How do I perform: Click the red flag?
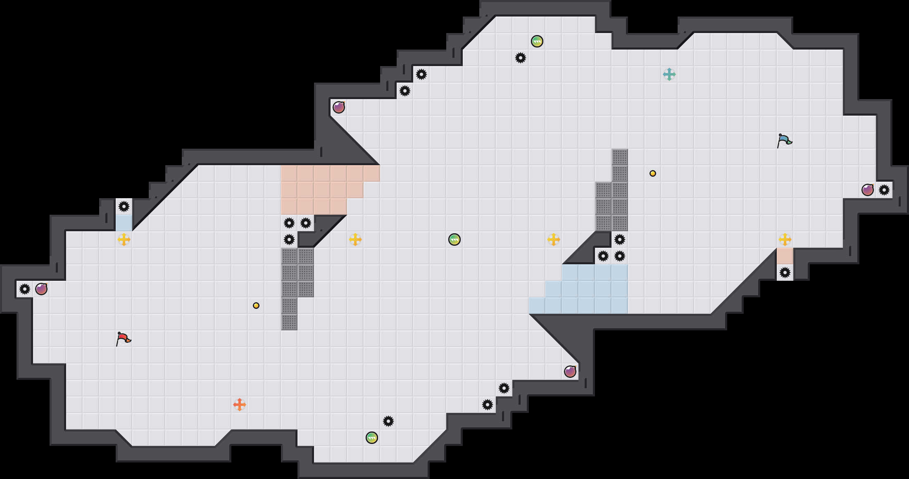pos(123,339)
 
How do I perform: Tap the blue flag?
pos(784,141)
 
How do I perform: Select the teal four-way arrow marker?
pos(669,74)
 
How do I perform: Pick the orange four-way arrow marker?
pos(240,405)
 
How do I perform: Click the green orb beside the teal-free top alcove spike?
pos(537,41)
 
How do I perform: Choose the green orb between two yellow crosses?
pos(454,239)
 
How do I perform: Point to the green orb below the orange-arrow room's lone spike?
pos(371,438)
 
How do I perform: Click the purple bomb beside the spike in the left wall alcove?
pos(41,289)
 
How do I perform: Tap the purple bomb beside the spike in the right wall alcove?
pos(867,190)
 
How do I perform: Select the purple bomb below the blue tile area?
pos(570,372)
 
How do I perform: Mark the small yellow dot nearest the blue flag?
pos(653,173)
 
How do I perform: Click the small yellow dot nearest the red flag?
pos(256,306)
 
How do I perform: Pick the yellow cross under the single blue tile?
pos(124,239)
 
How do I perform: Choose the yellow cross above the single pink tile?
pos(785,239)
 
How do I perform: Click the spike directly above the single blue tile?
pos(124,206)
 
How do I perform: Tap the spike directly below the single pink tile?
pos(785,273)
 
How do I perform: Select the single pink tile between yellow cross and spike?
pos(785,256)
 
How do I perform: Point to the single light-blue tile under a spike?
pos(124,223)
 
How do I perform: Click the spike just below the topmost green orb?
pos(520,58)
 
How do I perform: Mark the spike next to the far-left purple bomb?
pos(25,289)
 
